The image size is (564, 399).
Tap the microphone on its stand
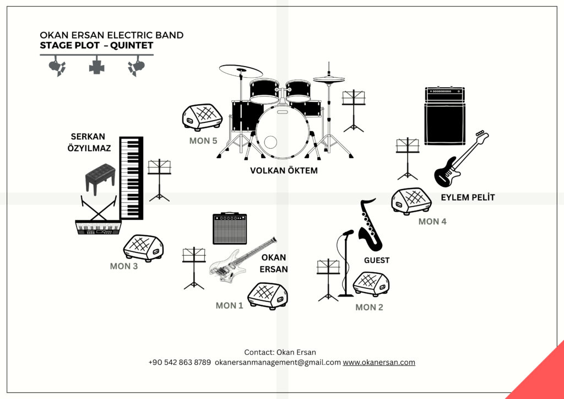click(x=347, y=234)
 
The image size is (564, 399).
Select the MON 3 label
click(x=124, y=266)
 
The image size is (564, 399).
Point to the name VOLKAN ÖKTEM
click(x=284, y=171)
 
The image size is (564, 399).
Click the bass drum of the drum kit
click(x=282, y=132)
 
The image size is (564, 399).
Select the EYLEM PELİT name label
click(x=468, y=197)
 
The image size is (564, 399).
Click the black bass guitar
click(x=459, y=160)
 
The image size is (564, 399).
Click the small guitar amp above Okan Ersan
click(x=230, y=229)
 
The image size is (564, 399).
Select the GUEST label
click(x=377, y=260)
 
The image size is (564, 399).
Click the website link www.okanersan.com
click(x=379, y=363)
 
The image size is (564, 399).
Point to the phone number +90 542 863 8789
click(x=180, y=363)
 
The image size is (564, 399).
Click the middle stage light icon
click(x=97, y=66)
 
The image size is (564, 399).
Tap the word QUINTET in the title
click(x=132, y=46)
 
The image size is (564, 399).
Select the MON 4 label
click(x=432, y=222)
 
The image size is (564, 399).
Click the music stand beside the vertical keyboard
click(x=159, y=180)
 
